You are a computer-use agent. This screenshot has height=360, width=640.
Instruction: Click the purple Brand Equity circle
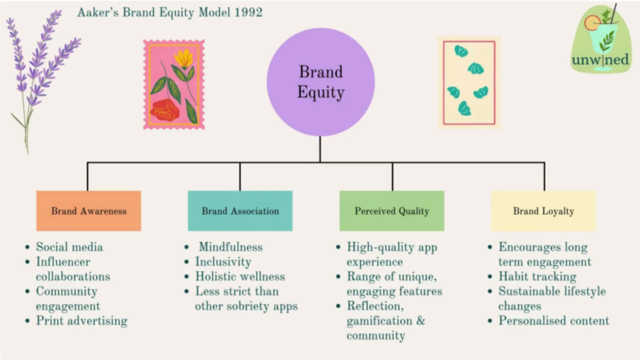(321, 82)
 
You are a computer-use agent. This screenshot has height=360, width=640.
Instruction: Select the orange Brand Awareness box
(89, 211)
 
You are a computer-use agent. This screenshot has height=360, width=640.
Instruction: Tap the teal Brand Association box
(240, 211)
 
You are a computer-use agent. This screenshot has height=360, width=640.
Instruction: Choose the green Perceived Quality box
(392, 211)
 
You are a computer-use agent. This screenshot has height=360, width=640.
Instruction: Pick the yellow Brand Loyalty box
(543, 211)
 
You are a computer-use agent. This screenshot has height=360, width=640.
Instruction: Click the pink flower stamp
(174, 84)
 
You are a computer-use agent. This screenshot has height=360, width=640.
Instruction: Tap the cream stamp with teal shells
(469, 83)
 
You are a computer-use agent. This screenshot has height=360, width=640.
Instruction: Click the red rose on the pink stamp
(165, 110)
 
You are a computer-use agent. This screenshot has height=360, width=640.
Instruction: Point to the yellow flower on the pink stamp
(184, 59)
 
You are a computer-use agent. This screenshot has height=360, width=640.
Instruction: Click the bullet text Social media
(69, 247)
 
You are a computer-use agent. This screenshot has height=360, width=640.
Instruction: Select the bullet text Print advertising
(81, 321)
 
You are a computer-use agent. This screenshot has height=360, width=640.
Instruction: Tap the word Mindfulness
(231, 247)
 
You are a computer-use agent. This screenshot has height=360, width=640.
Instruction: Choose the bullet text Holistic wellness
(240, 276)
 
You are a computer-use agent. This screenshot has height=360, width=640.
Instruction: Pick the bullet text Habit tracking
(537, 276)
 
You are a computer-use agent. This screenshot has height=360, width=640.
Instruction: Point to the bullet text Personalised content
(553, 321)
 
